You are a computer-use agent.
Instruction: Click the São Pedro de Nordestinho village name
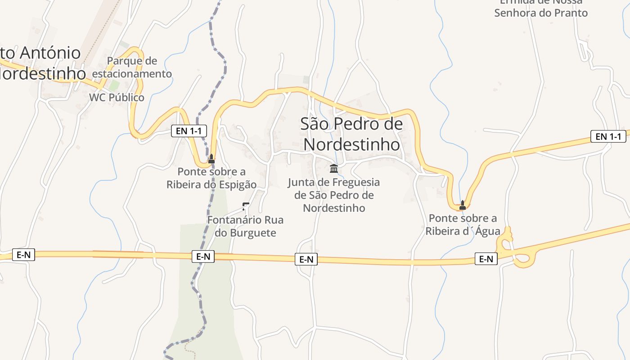[x=351, y=134]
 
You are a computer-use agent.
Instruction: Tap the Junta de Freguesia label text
[x=334, y=195]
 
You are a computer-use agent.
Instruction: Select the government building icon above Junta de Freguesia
[x=334, y=169]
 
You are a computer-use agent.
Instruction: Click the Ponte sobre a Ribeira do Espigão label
[x=211, y=178]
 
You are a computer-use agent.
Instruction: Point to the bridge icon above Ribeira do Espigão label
[x=211, y=158]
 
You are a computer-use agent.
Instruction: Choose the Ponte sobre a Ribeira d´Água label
[x=463, y=225]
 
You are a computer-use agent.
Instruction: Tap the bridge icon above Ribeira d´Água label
[x=462, y=205]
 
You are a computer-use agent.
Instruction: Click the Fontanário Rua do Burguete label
[x=245, y=226]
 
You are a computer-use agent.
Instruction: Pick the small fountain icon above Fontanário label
[x=245, y=207]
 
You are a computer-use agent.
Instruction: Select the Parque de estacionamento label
[x=132, y=67]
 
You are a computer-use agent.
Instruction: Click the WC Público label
[x=117, y=98]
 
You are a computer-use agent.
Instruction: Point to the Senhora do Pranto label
[x=541, y=12]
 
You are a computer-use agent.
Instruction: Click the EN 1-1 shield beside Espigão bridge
[x=189, y=131]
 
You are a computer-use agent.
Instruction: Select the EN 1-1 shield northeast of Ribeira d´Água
[x=608, y=136]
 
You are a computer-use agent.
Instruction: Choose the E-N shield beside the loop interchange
[x=486, y=259]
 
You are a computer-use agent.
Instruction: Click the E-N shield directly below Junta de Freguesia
[x=306, y=259]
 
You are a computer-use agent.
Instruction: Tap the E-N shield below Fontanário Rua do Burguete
[x=203, y=256]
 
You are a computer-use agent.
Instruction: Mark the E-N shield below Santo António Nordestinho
[x=23, y=255]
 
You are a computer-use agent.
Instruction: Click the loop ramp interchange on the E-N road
[x=513, y=250]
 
